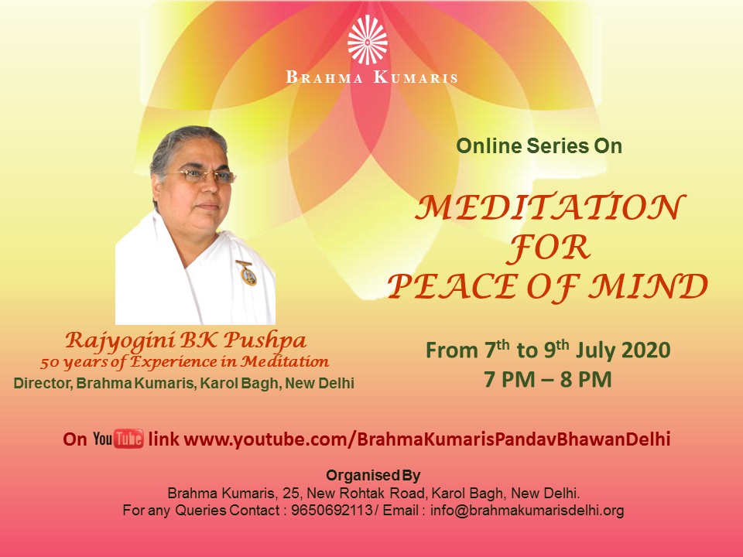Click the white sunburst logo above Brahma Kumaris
point(367,39)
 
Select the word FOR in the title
point(549,248)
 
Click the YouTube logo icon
point(118,439)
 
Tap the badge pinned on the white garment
point(247,272)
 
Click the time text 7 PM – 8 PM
point(548,379)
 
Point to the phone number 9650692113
point(332,511)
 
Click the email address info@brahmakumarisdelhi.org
point(527,511)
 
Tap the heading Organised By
point(373,475)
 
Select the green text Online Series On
point(539,146)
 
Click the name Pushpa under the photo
point(265,340)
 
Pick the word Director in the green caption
point(43,383)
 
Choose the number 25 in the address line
point(290,494)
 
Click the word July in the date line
point(596,350)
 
